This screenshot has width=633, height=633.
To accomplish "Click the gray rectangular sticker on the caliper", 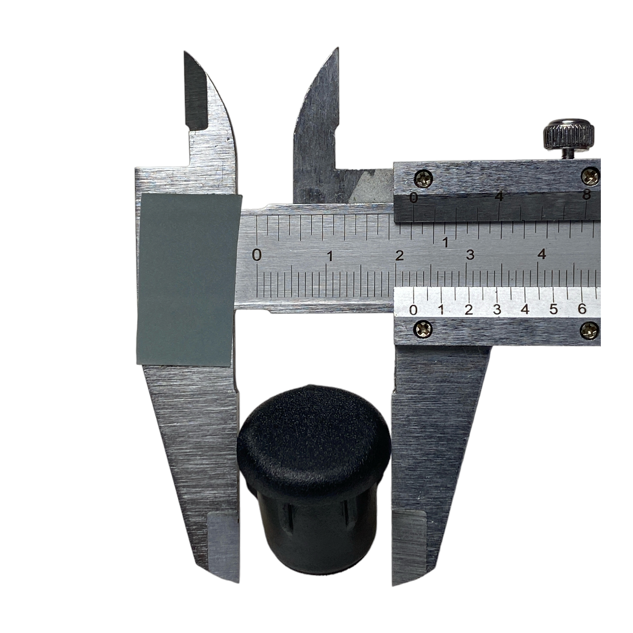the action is pyautogui.click(x=188, y=279).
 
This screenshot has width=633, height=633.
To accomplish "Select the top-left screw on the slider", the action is pyautogui.click(x=424, y=178).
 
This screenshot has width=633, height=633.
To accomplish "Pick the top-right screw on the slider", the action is pyautogui.click(x=591, y=176).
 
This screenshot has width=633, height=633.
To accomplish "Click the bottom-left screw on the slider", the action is pyautogui.click(x=423, y=329).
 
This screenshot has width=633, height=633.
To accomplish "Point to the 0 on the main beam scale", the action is pyautogui.click(x=256, y=255).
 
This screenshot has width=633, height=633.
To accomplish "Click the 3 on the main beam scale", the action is pyautogui.click(x=470, y=255).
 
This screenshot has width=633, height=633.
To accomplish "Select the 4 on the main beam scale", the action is pyautogui.click(x=542, y=254).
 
